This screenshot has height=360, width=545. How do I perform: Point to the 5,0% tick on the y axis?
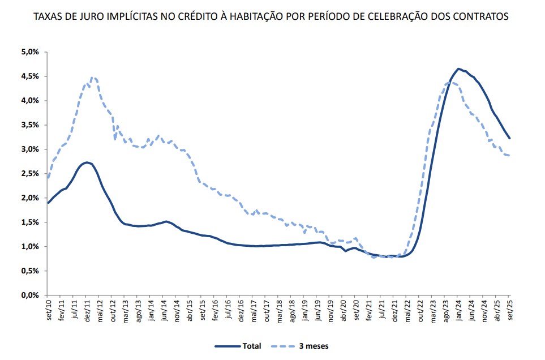pyautogui.click(x=30, y=52)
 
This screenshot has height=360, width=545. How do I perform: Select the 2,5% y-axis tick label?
pyautogui.click(x=30, y=174)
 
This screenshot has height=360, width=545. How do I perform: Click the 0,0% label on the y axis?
pyautogui.click(x=30, y=295)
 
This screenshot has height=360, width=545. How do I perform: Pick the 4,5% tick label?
pyautogui.click(x=30, y=76)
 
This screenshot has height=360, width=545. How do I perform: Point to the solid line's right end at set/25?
pyautogui.click(x=509, y=138)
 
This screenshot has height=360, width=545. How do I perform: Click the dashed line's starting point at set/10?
pyautogui.click(x=48, y=178)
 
